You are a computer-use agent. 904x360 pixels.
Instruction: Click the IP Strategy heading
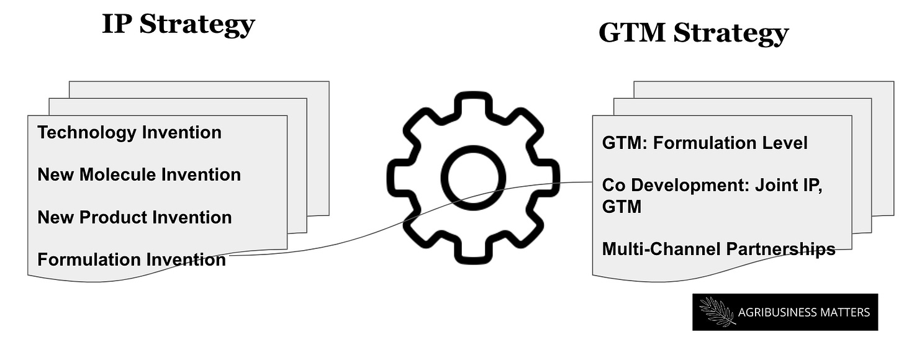pos(178,25)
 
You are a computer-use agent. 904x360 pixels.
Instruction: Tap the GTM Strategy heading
pos(693,33)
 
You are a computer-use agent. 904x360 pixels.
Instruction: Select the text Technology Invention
pos(129,132)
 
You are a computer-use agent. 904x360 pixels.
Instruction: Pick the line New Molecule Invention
pos(139,174)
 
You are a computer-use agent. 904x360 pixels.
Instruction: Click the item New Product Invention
pos(134,217)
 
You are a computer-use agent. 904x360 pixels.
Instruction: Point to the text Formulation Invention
pos(132,259)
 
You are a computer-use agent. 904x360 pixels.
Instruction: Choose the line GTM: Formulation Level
pos(705,143)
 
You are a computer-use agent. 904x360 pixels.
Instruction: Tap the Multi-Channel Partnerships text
pos(718,249)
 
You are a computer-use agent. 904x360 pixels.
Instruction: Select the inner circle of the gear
pos(473,178)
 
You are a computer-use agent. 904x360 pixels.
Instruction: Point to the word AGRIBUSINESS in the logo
pos(776,312)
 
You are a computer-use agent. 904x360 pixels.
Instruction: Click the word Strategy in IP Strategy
pos(197,25)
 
